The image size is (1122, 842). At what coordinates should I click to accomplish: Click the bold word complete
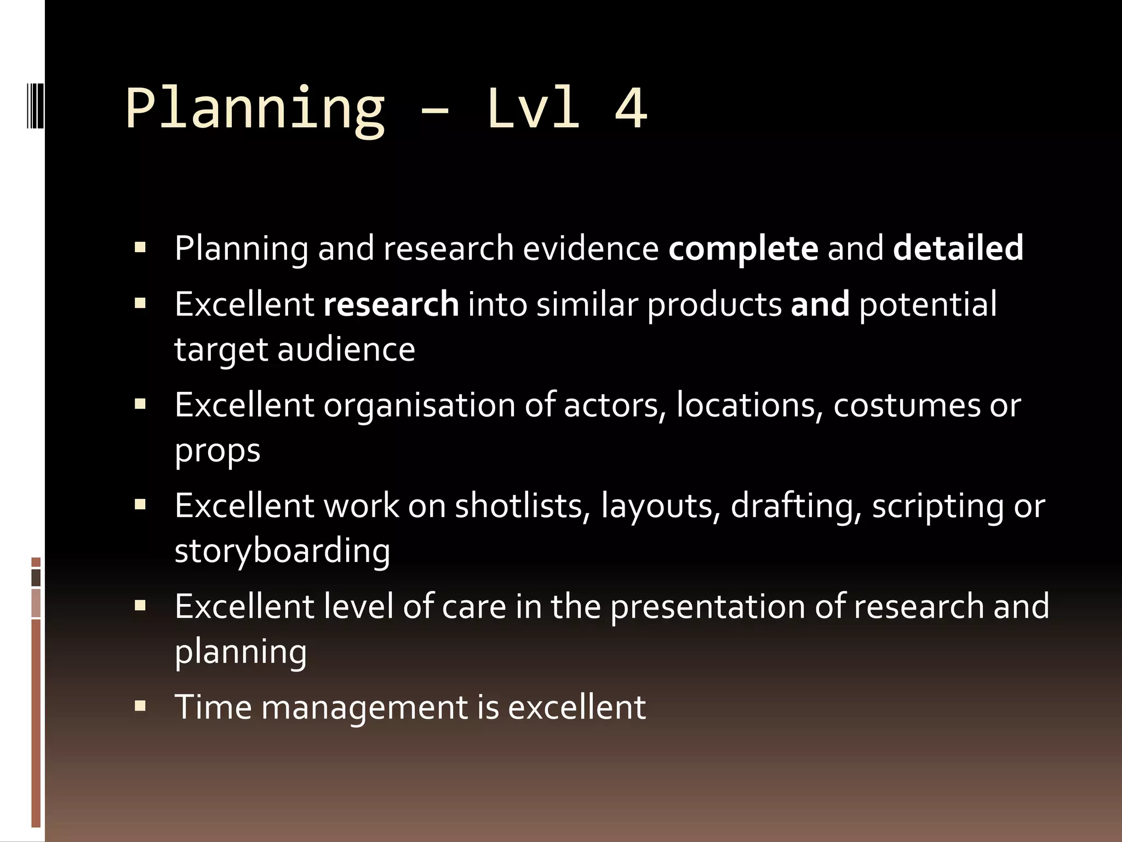(x=743, y=248)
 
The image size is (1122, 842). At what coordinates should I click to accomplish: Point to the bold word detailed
(x=958, y=248)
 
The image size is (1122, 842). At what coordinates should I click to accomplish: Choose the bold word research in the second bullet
(x=391, y=304)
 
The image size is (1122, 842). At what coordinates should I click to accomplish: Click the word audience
(x=346, y=349)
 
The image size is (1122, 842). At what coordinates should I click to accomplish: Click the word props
(x=217, y=451)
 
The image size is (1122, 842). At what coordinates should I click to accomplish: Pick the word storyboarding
(x=282, y=551)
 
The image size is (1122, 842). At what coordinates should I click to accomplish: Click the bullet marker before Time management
(x=140, y=706)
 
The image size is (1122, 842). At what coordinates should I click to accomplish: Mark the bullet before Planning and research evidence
(x=140, y=247)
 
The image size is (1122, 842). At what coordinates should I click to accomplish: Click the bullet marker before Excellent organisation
(x=140, y=405)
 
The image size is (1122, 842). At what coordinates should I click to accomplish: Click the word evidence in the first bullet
(x=591, y=248)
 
